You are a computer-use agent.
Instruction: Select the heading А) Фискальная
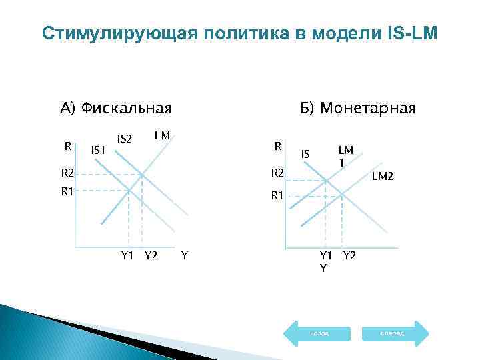coord(115,108)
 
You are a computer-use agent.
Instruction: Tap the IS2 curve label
coord(125,139)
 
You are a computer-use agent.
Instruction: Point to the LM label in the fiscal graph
coord(162,136)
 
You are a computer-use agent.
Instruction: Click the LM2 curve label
coord(383,175)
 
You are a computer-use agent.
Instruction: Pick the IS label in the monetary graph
coord(305,154)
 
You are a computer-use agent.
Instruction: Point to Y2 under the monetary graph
coord(349,254)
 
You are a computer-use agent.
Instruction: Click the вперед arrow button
coord(392,332)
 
